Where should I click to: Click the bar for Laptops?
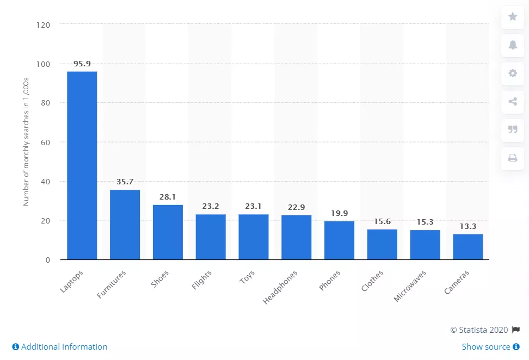(x=82, y=165)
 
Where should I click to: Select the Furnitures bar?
(x=125, y=225)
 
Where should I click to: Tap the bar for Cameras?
(x=468, y=247)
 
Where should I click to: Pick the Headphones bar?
(x=296, y=237)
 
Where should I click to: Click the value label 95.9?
(x=82, y=64)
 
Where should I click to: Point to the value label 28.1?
(x=168, y=197)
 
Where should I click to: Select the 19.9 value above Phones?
(x=339, y=213)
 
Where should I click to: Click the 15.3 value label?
(x=425, y=222)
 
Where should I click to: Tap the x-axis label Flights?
(x=202, y=281)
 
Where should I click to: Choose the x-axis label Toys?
(x=247, y=278)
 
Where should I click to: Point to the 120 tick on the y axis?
(x=44, y=24)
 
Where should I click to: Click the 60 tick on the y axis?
(x=46, y=142)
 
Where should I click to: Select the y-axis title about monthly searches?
(x=26, y=141)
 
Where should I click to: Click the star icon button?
(x=512, y=17)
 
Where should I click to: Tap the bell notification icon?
(x=512, y=45)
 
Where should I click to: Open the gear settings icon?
(x=512, y=73)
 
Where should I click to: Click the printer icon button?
(x=512, y=158)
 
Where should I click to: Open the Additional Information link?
(x=60, y=347)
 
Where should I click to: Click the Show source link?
(x=490, y=347)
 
